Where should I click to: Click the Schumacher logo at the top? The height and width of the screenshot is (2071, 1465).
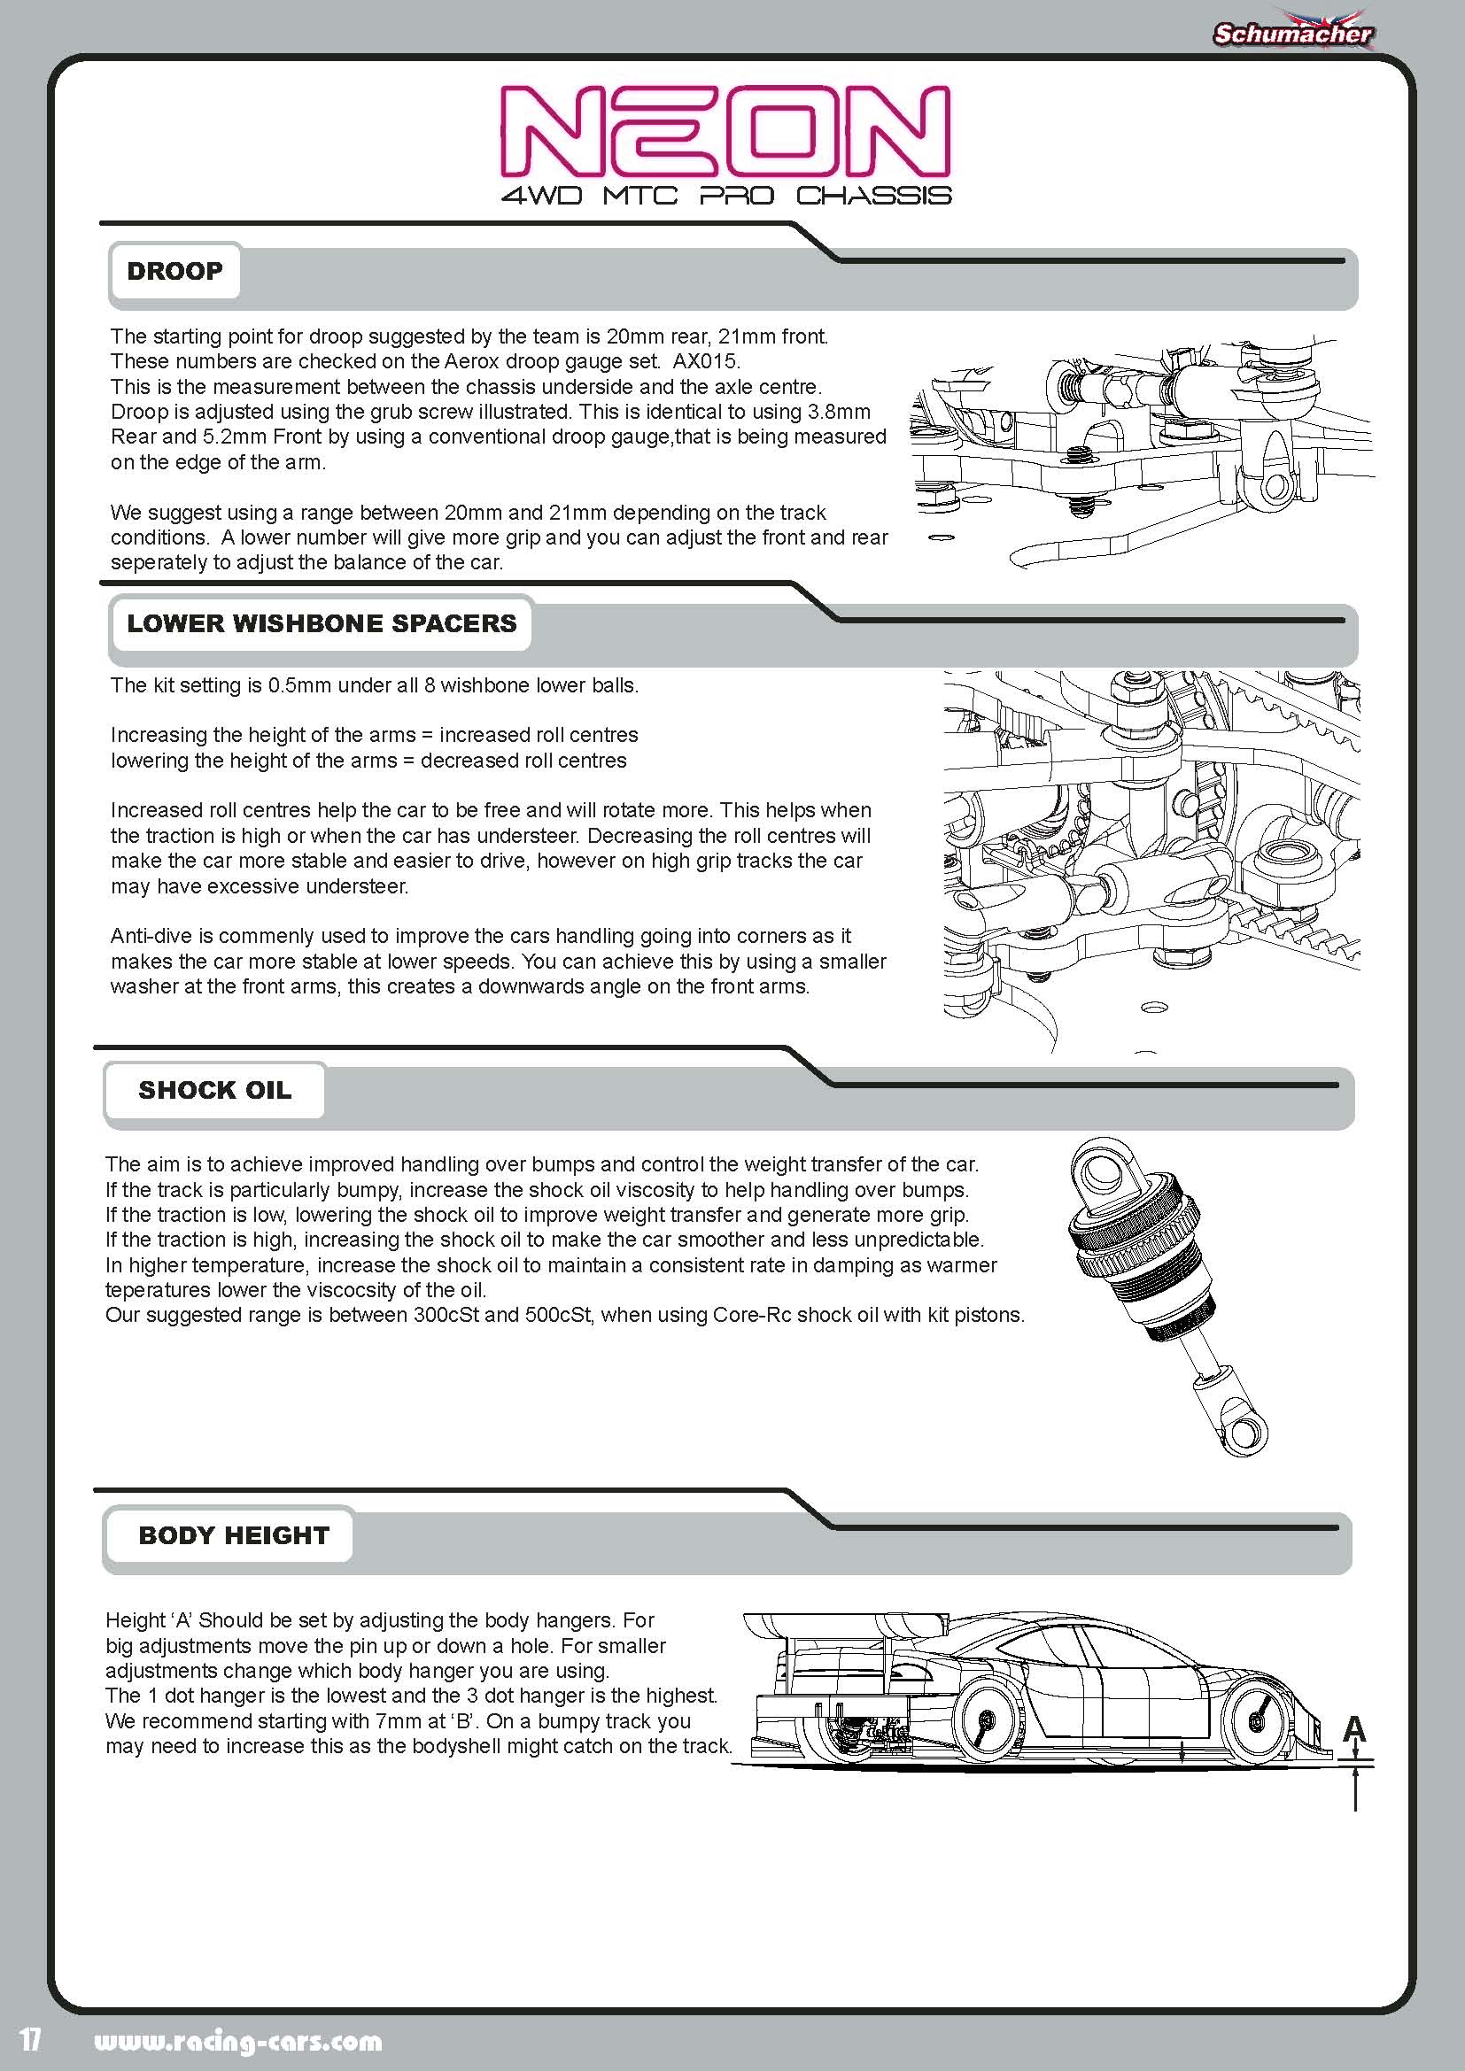pos(1291,34)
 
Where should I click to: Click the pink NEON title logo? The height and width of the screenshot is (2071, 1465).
pos(725,130)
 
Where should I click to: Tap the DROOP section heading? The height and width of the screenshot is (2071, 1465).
pos(174,271)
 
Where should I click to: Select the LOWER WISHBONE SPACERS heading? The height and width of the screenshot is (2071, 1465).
pos(322,623)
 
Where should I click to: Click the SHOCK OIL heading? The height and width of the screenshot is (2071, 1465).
pos(214,1090)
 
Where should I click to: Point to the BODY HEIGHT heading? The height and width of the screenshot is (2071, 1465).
pos(234,1535)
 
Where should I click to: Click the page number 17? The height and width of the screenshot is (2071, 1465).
pos(31,2039)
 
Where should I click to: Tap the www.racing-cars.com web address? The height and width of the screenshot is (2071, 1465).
pos(238,2041)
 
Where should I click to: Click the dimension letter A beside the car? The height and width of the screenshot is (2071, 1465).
pos(1354,1728)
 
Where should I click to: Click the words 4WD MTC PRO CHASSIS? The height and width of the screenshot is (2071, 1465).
pos(726,196)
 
